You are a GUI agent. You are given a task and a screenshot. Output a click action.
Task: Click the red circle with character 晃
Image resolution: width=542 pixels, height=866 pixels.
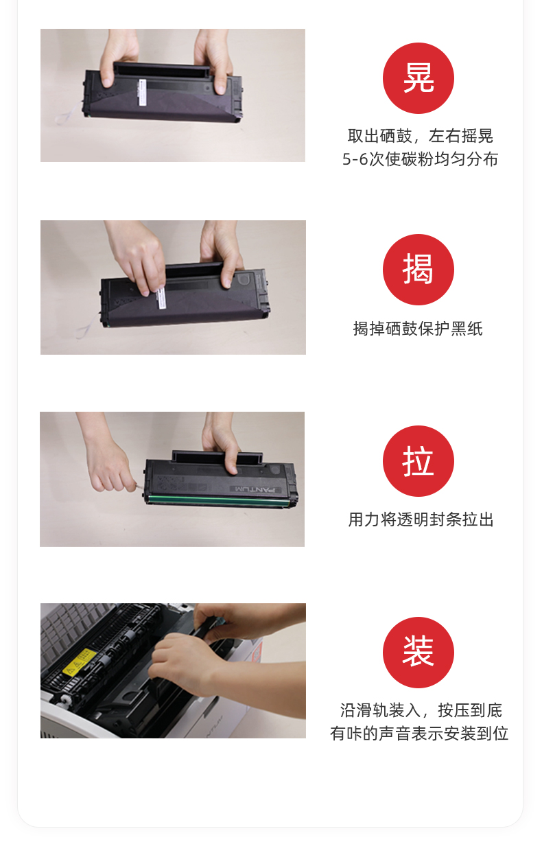418,78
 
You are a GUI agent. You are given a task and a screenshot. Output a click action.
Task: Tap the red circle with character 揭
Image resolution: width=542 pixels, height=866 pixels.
418,270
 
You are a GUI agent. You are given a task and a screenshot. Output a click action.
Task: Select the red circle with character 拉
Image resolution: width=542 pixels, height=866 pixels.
418,461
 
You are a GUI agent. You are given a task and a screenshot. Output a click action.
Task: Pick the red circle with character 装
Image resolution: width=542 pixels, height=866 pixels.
418,652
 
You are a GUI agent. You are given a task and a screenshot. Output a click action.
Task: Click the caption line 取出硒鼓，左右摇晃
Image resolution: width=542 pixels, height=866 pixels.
420,136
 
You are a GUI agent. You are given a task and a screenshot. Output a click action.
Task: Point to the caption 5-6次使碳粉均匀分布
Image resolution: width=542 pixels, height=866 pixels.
420,159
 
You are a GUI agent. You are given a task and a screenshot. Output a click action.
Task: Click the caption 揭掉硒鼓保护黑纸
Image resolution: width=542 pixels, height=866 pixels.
418,329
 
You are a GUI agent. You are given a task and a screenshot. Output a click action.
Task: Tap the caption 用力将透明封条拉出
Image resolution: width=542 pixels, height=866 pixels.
421,519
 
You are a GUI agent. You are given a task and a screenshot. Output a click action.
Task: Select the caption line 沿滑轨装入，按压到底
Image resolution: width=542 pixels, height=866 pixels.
421,710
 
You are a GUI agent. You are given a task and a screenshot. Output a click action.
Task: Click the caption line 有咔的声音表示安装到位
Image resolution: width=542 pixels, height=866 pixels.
419,734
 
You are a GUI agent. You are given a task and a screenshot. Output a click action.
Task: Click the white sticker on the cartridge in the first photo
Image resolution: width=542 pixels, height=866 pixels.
142,92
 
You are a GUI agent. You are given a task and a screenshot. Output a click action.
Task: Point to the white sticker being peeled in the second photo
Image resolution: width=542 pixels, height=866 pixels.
161,298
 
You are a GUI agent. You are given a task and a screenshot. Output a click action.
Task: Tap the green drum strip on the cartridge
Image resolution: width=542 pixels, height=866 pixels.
219,500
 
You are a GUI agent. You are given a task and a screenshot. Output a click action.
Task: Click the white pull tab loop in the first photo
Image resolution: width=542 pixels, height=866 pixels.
69,113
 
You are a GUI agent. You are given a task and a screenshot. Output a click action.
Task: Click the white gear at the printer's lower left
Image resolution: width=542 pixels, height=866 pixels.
64,700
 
